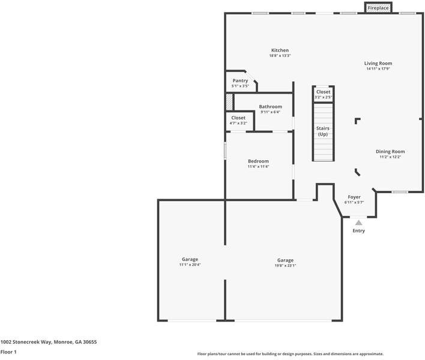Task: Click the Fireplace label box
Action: (x=378, y=8)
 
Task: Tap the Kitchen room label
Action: (x=280, y=50)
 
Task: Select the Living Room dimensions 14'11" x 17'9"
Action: (x=378, y=69)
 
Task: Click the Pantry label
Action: (x=240, y=81)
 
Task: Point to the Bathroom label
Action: (x=270, y=107)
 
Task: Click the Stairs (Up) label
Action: (x=323, y=131)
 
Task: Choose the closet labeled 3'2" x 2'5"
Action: (x=324, y=94)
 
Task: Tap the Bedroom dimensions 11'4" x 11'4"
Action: (x=258, y=167)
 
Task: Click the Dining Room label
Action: (x=390, y=151)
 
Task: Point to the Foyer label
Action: (x=354, y=197)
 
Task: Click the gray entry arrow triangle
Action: (x=358, y=223)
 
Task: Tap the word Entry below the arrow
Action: (x=358, y=231)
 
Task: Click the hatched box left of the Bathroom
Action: (x=229, y=102)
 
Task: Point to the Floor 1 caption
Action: (x=8, y=352)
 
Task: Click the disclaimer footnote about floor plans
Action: (x=291, y=354)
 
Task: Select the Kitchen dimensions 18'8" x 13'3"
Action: (x=280, y=56)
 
